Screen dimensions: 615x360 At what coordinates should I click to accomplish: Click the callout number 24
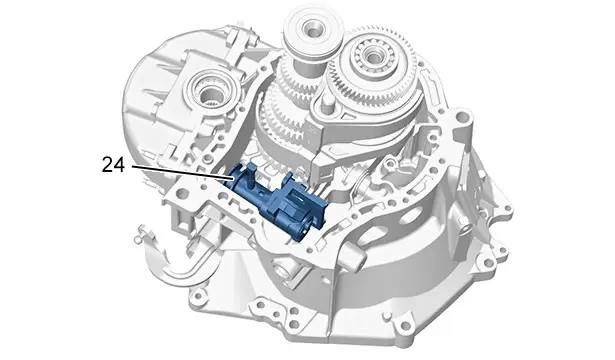(113, 165)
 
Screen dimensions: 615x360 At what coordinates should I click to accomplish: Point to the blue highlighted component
(278, 199)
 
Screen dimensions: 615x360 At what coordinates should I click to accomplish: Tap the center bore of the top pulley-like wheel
(313, 28)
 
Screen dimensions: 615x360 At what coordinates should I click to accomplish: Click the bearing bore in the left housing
(211, 95)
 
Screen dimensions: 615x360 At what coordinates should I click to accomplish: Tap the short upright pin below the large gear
(326, 104)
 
